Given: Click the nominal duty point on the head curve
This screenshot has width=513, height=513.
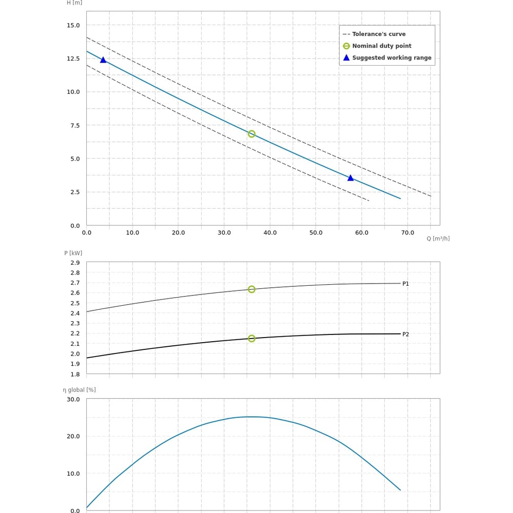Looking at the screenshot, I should (251, 134).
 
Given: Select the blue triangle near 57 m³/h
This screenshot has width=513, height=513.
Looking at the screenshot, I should (350, 178).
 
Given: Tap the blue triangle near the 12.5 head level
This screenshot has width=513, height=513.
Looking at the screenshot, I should (103, 60).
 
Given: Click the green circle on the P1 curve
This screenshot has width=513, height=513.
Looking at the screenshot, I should (251, 289).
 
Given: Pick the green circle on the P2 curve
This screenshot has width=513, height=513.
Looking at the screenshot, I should (251, 339).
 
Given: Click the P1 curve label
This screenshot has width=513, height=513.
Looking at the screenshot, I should (405, 284).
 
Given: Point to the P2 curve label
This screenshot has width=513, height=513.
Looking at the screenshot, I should (405, 334).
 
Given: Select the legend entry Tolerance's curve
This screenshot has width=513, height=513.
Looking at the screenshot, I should (379, 34).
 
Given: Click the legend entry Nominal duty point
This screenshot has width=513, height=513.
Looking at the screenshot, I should (382, 46).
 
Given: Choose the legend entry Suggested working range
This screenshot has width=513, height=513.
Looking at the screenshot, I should (391, 57).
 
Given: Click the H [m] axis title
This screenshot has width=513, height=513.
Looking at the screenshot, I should (74, 3).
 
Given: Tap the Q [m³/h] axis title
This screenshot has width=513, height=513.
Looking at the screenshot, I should (438, 239).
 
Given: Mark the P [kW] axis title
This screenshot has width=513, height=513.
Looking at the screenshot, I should (73, 253).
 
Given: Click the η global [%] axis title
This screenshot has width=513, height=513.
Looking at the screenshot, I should (80, 390).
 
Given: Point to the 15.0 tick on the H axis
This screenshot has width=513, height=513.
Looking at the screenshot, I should (73, 25).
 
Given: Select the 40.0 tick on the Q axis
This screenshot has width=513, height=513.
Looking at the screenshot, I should (270, 233).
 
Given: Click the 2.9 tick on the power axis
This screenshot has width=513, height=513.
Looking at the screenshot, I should (75, 263).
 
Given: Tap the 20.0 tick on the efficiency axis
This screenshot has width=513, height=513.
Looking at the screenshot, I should (73, 436).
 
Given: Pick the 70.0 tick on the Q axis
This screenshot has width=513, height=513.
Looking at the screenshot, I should (407, 233).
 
